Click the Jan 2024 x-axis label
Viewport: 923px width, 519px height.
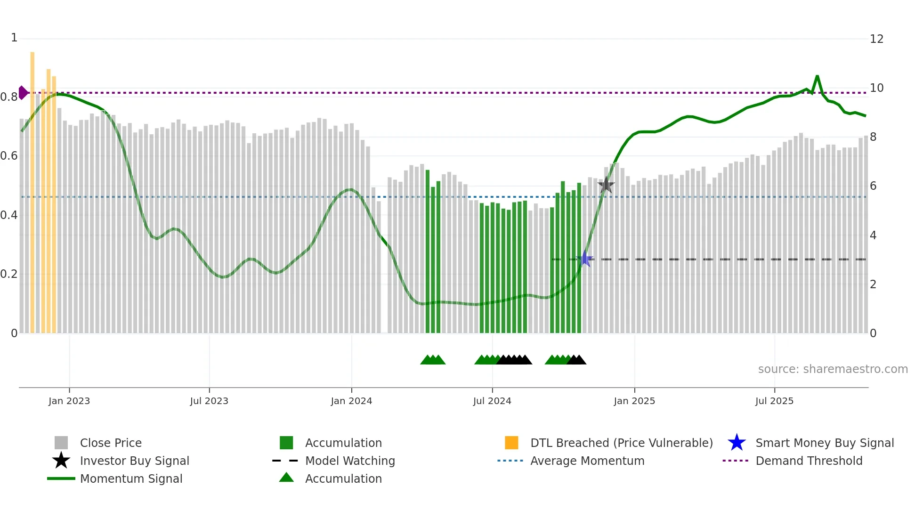tap(351, 401)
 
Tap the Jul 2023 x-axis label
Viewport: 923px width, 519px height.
tap(209, 401)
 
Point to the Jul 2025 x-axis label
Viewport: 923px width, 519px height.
tap(774, 401)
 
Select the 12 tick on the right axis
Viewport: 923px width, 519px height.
tap(876, 39)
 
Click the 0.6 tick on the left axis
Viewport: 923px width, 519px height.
tap(8, 156)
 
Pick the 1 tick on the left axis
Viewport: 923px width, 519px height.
tap(14, 38)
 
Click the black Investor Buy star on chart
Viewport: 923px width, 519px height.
tap(606, 185)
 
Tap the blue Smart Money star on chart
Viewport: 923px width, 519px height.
tap(584, 259)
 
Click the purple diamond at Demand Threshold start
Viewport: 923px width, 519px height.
tap(23, 93)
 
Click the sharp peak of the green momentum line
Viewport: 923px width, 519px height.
tap(817, 76)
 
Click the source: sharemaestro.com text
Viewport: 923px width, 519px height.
tap(833, 369)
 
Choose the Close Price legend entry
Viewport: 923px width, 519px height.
tap(111, 443)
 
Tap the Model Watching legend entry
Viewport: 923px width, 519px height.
tap(349, 461)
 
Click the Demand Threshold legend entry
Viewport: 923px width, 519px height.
tap(809, 461)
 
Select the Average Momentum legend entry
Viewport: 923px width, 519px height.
tap(587, 461)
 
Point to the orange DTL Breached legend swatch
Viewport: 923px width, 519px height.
tap(511, 443)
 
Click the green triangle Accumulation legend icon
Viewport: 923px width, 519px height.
tap(286, 478)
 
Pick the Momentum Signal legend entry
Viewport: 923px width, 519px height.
tap(131, 478)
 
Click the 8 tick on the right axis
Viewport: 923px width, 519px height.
tap(873, 137)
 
